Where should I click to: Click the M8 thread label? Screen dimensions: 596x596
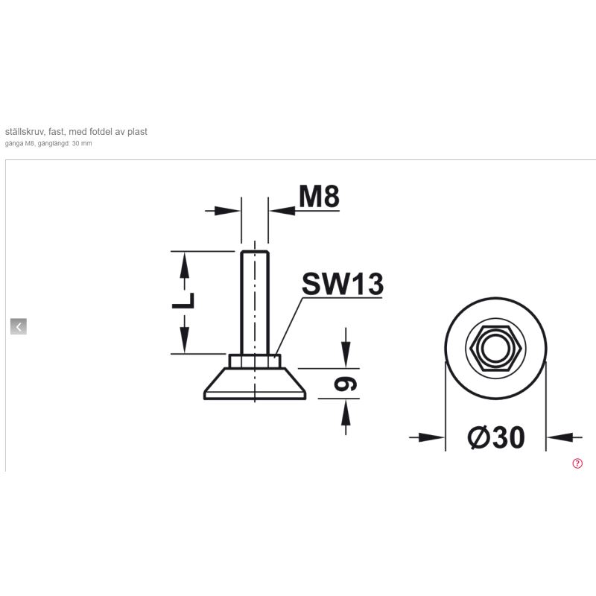[x=319, y=197]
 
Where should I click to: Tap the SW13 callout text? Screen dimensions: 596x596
[x=343, y=284]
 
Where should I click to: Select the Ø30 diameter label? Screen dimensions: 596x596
[x=495, y=437]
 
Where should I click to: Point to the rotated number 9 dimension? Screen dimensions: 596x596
[x=346, y=384]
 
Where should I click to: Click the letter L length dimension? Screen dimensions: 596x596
[x=183, y=301]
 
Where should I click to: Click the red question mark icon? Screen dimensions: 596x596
[x=577, y=463]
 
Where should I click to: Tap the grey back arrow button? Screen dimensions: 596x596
[x=19, y=326]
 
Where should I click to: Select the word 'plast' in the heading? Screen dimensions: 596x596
[x=137, y=132]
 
